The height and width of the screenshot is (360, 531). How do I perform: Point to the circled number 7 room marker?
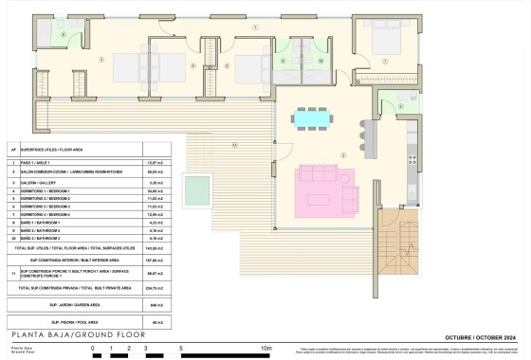385,62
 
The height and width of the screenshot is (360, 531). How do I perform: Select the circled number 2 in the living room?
343,153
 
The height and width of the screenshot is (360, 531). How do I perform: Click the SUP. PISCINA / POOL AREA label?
66,322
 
